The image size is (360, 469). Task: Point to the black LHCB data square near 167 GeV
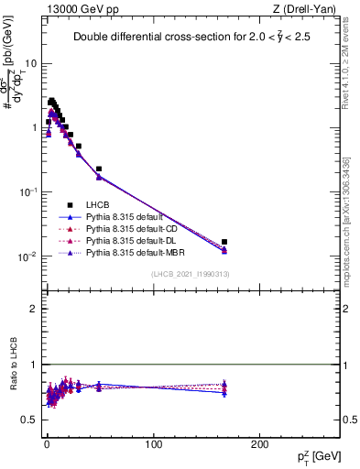click(224, 242)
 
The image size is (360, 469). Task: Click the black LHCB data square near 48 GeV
click(98, 169)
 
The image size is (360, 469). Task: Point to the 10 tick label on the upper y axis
click(31, 63)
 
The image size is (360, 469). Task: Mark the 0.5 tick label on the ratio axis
click(29, 420)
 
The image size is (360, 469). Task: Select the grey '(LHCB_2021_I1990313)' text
click(191, 274)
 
